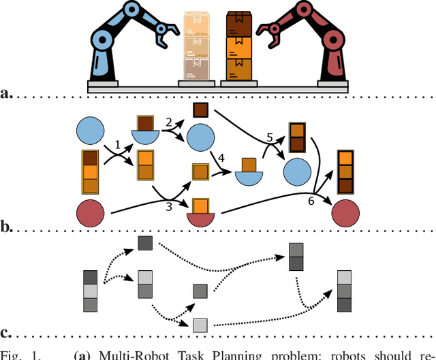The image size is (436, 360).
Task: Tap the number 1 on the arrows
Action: pos(117,144)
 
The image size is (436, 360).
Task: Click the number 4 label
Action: pos(221,158)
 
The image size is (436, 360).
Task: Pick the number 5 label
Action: pos(270,137)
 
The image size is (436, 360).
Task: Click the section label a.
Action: pos(7,93)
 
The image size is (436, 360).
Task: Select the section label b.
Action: pos(7,225)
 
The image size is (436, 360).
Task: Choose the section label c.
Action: pos(7,333)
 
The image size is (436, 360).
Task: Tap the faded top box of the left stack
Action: pos(197,23)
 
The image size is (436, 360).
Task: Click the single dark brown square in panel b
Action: pos(200,110)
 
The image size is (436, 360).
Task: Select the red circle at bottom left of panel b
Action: pos(91,214)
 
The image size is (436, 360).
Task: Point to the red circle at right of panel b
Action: pos(345,214)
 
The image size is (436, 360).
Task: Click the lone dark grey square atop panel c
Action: pos(146,243)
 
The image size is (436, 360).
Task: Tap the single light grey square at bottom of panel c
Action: pos(200,324)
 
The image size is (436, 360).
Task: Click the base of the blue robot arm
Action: pos(104,82)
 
